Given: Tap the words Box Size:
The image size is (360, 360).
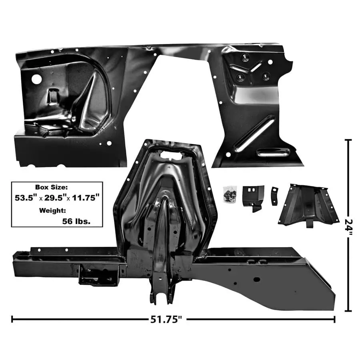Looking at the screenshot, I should (52, 187).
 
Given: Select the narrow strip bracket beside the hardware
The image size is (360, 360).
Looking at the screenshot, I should (274, 196).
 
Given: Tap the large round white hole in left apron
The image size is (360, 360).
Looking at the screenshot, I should (36, 79).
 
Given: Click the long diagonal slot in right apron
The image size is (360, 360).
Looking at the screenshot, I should (254, 134).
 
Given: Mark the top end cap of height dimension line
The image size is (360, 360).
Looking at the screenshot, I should (348, 140).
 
